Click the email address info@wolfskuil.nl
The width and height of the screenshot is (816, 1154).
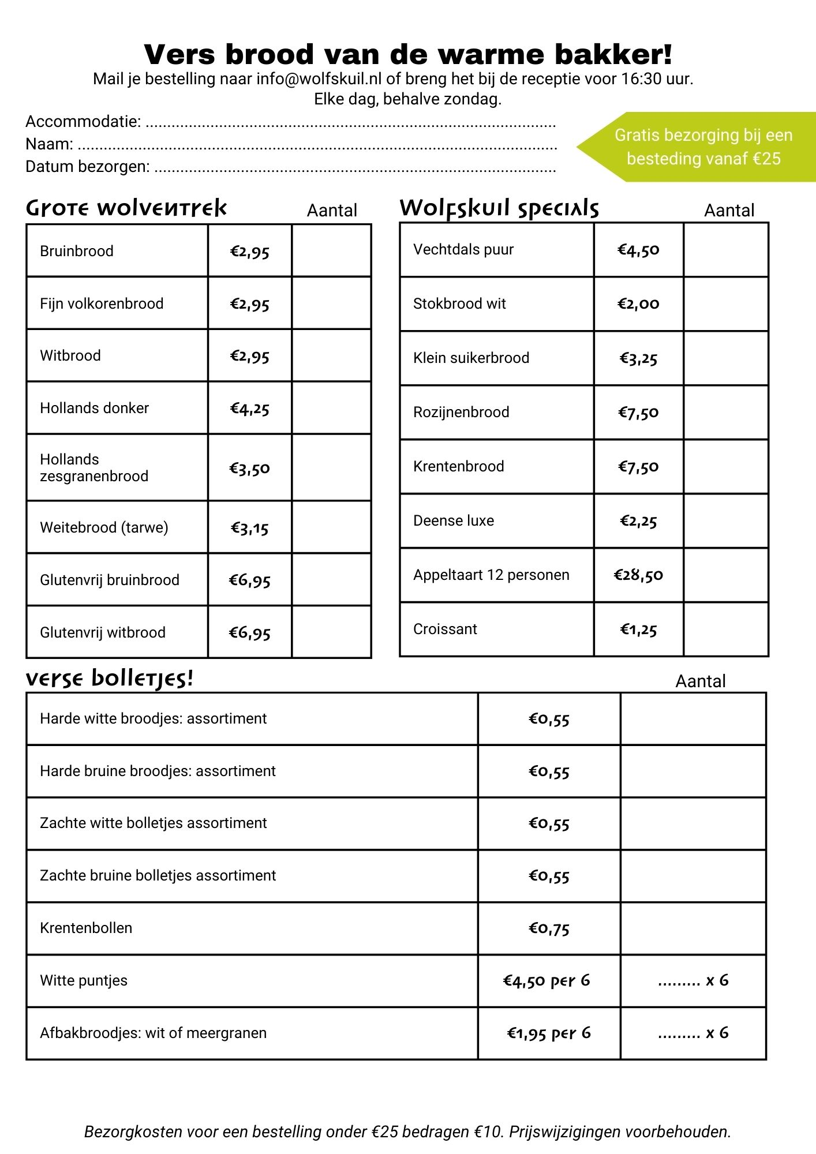(319, 79)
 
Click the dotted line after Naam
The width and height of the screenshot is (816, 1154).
(317, 145)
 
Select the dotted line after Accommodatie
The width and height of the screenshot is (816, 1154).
(351, 123)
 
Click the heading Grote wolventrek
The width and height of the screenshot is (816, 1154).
(126, 208)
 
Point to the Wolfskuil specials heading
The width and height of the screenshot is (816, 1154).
(499, 208)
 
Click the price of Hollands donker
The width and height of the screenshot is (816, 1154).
(249, 409)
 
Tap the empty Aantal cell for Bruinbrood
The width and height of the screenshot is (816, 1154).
(331, 251)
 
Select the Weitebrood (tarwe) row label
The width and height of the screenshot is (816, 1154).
(104, 527)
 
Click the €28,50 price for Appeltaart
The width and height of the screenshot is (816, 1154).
(638, 575)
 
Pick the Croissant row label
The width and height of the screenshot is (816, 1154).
(445, 629)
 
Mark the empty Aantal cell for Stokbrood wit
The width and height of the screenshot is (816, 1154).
(725, 304)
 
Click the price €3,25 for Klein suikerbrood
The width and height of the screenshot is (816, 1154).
(638, 358)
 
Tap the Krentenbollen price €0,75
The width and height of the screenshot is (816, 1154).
(549, 928)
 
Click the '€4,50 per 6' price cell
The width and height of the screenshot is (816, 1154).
(547, 981)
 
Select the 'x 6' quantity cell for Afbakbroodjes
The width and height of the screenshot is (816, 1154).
(693, 1033)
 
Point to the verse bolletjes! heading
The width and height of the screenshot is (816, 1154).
(109, 679)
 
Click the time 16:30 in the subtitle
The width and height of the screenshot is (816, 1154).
(641, 79)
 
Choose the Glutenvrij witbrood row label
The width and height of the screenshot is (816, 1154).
(103, 632)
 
